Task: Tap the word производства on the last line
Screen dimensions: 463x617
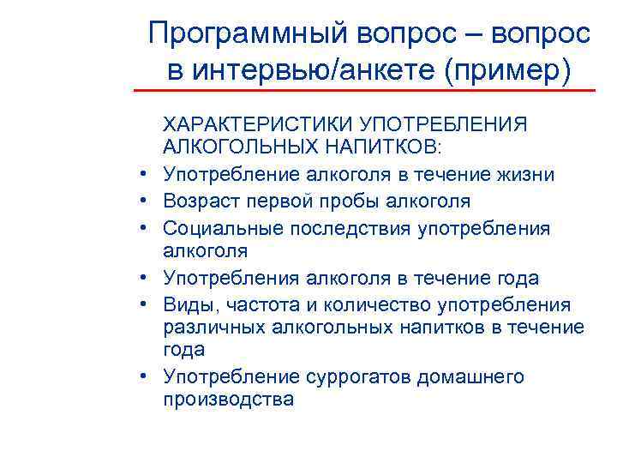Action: [x=228, y=400]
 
